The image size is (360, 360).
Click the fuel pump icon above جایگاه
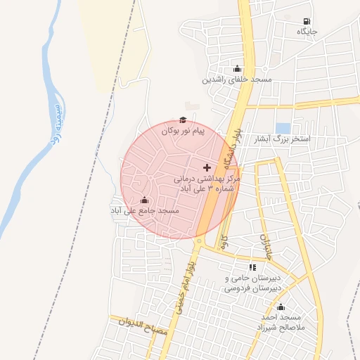coord(306,22)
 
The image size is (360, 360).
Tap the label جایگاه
coord(307,32)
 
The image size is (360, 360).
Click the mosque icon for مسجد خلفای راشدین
coord(237,69)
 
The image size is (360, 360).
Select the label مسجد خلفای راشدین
coord(237,79)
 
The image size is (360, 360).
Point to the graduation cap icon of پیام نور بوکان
coord(182,120)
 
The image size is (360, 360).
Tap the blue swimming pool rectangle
coord(283,128)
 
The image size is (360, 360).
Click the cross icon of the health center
coord(206,167)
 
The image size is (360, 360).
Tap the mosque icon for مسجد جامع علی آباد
coord(145,200)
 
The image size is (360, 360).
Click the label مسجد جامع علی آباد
coord(145,210)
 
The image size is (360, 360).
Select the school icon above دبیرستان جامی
coord(252,267)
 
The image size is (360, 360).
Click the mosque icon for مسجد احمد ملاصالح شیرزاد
coord(281,307)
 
